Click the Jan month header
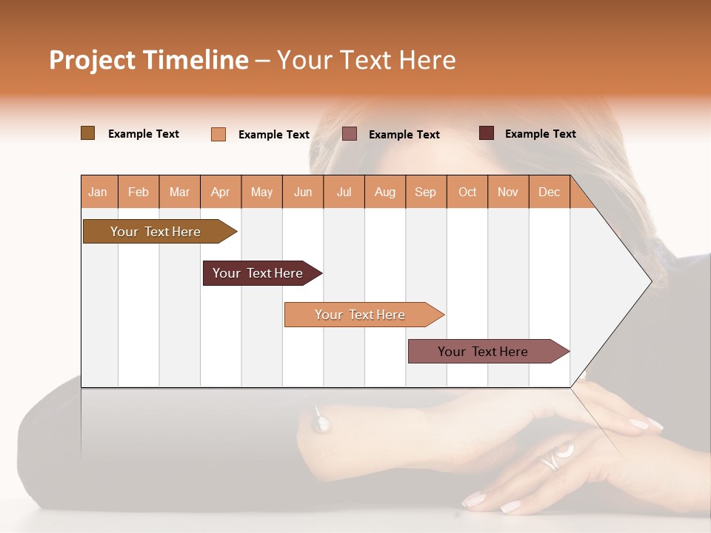98,192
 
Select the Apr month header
220,192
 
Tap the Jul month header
344,192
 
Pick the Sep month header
425,192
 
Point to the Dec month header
549,192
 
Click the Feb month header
138,192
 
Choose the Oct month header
467,192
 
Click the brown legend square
87,133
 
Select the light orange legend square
218,134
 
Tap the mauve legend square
350,134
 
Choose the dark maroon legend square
486,133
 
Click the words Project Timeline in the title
149,60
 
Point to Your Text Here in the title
366,60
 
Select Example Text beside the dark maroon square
540,133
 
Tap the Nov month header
508,192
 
